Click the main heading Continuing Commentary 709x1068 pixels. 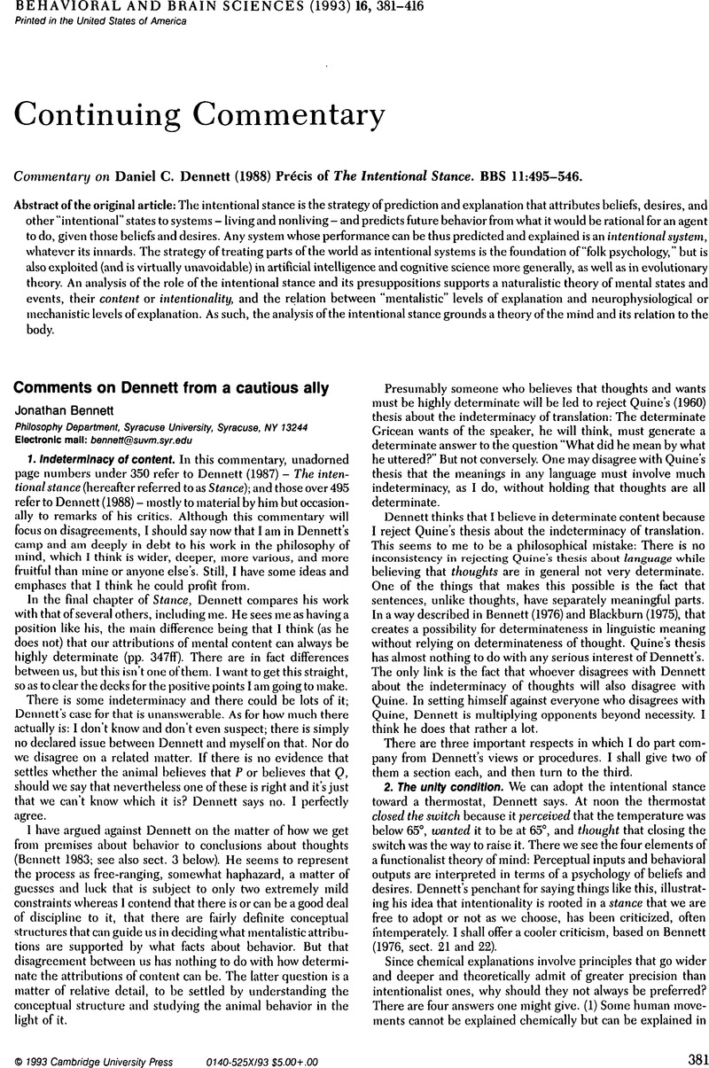pos(200,116)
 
